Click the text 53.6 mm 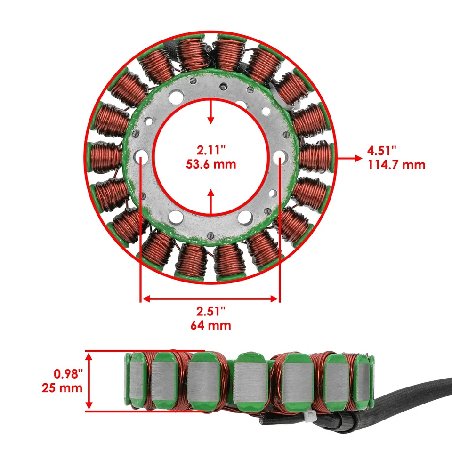[x=210, y=164]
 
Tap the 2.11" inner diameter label [x=210, y=151]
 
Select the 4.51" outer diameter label [x=382, y=151]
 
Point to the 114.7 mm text [x=395, y=165]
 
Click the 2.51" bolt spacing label [x=210, y=311]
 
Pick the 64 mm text [x=210, y=325]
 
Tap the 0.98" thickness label [x=68, y=374]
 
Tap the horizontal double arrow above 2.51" [x=210, y=298]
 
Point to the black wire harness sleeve [x=414, y=400]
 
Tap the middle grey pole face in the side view [x=250, y=381]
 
